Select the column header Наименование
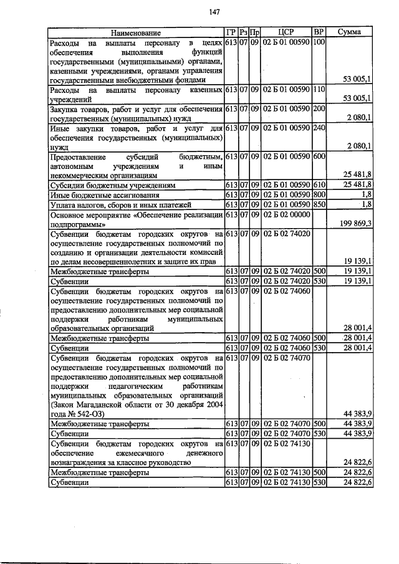pos(136,32)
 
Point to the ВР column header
pos(319,32)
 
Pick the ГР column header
pos(231,32)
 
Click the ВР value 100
pos(319,42)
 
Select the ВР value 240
pos(319,128)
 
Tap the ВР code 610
pos(319,185)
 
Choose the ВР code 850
pos(319,204)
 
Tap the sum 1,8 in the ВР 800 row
pos(367,195)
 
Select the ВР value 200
pos(319,109)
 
